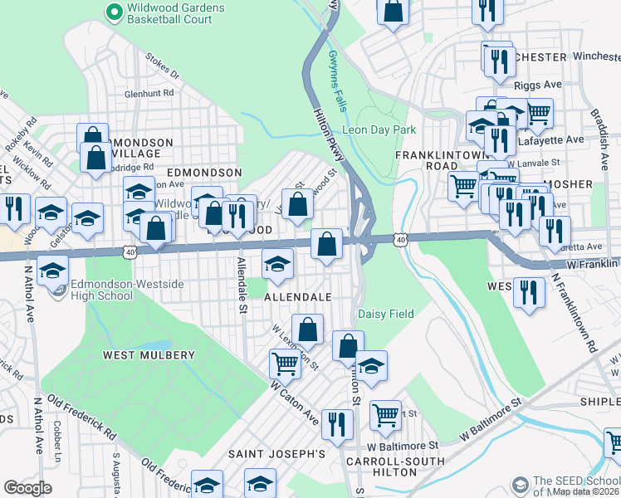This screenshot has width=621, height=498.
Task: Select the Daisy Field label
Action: pos(385,315)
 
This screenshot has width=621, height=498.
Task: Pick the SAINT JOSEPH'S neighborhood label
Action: pos(276,454)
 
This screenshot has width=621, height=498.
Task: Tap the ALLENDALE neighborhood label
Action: pos(298,296)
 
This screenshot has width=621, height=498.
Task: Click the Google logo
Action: pos(27,487)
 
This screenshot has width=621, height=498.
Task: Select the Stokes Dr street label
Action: pos(162,67)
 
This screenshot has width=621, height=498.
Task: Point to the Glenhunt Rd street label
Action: pos(149,94)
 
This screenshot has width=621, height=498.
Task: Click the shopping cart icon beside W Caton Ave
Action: pos(285,362)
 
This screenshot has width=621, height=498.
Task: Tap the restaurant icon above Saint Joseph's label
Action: pos(337,422)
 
